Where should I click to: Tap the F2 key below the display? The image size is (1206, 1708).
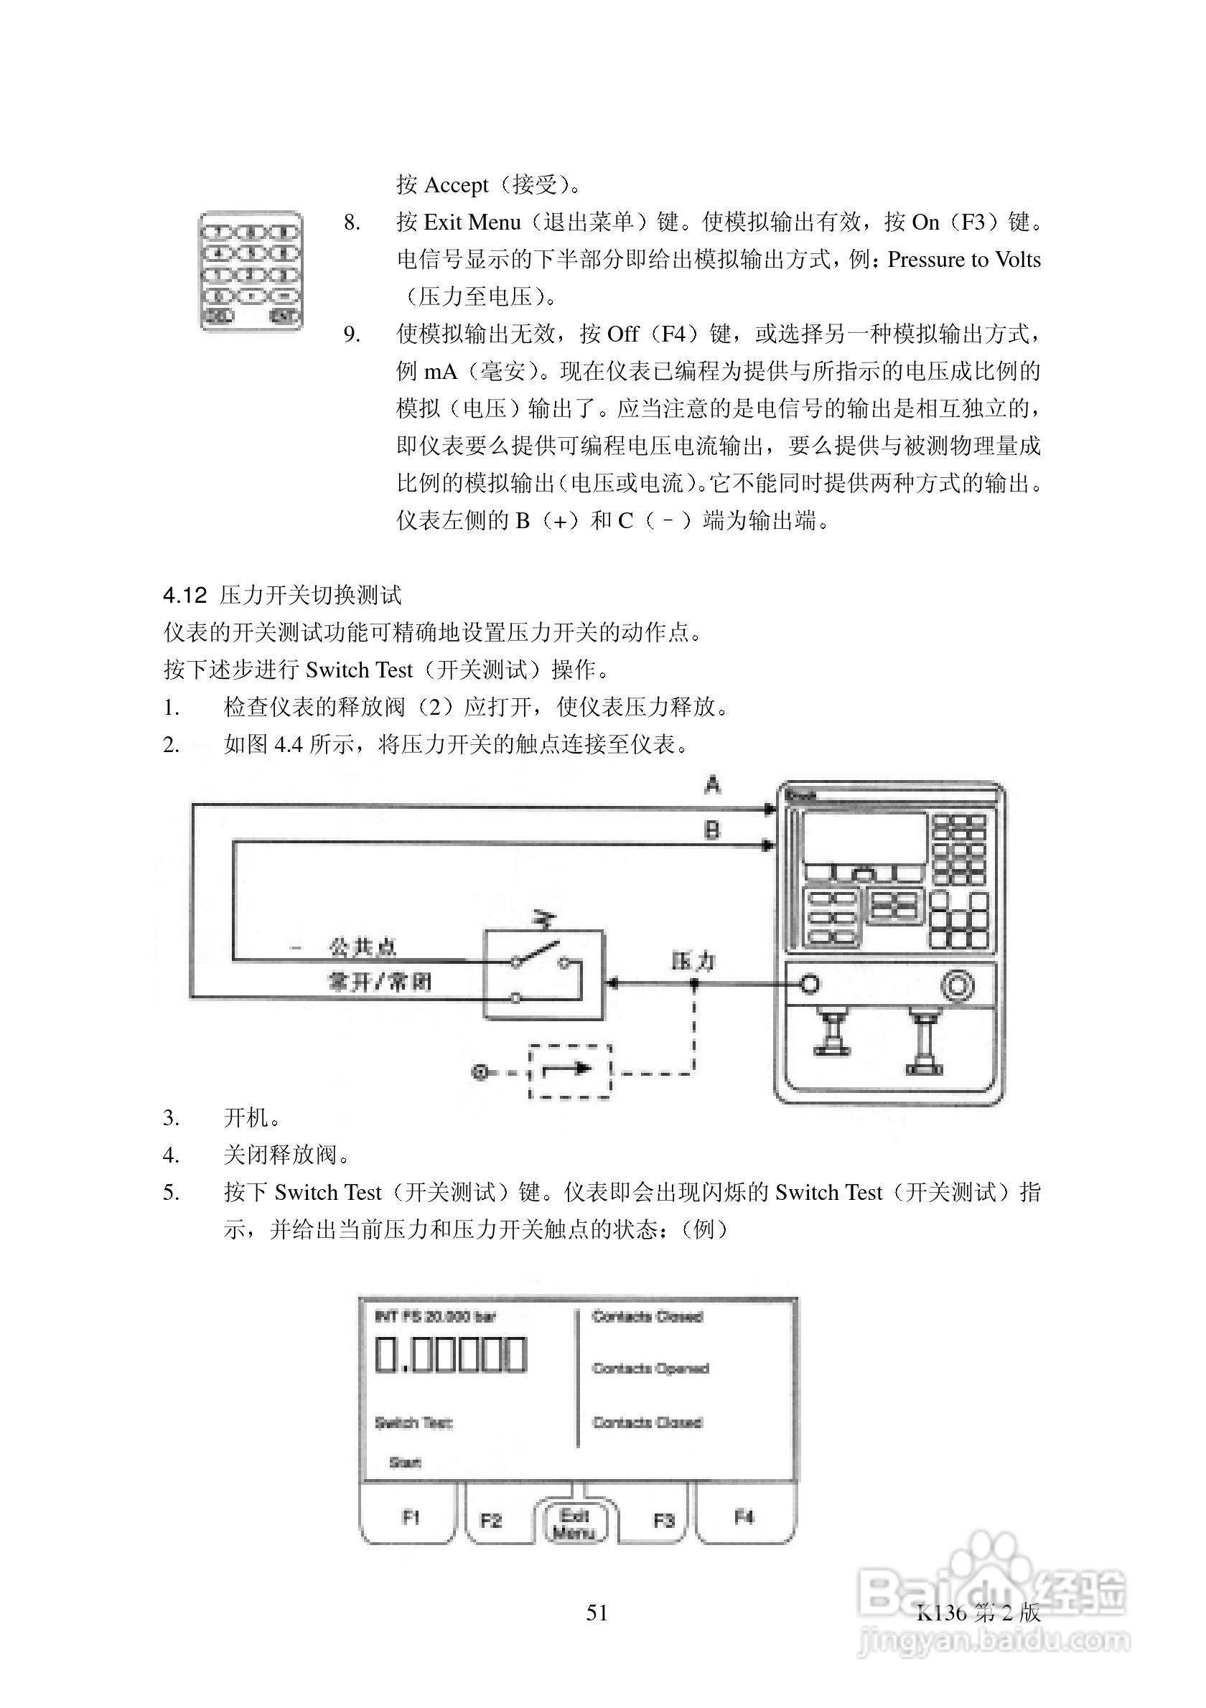(x=491, y=1520)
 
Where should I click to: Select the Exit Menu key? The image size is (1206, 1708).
(x=574, y=1524)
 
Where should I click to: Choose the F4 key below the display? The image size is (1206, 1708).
(x=744, y=1516)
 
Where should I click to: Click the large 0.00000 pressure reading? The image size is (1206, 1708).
(x=451, y=1355)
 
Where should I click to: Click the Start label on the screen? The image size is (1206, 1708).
(x=406, y=1463)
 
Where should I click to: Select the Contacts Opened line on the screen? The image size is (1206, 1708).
(x=650, y=1368)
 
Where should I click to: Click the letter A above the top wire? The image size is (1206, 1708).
(x=713, y=785)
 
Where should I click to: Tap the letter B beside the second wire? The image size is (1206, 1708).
(x=712, y=830)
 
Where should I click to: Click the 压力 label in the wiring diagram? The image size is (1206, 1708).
(x=693, y=961)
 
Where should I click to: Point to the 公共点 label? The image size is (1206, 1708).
(x=363, y=947)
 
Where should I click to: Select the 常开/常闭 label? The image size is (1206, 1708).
(x=380, y=982)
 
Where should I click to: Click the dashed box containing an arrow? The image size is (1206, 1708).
(x=569, y=1071)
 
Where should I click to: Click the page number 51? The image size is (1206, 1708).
(x=597, y=1612)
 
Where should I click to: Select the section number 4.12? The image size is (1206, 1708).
(x=184, y=595)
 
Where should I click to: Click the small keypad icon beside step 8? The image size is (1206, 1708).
(x=251, y=271)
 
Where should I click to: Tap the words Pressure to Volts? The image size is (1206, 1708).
(x=964, y=260)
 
